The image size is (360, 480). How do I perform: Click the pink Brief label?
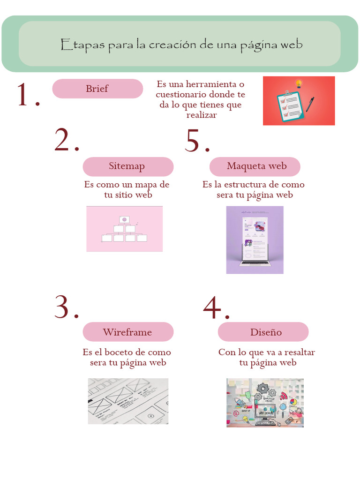pos(97,89)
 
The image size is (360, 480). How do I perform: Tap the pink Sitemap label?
pos(127,166)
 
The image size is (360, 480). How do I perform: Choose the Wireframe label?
pos(127,332)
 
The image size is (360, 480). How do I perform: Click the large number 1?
pos(24,95)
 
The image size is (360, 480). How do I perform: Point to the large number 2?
pos(63,140)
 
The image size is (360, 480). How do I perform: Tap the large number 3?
pos(63,307)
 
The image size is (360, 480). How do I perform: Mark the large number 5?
pos(193,140)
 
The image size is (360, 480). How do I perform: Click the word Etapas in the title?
pos(82,45)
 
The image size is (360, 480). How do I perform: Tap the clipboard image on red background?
pos(299,101)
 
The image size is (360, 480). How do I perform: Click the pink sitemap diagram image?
pos(124,229)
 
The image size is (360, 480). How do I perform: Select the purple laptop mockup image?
pos(255,240)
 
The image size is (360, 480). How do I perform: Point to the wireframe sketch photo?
pos(128,401)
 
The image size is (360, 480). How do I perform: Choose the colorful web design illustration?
pos(265,403)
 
